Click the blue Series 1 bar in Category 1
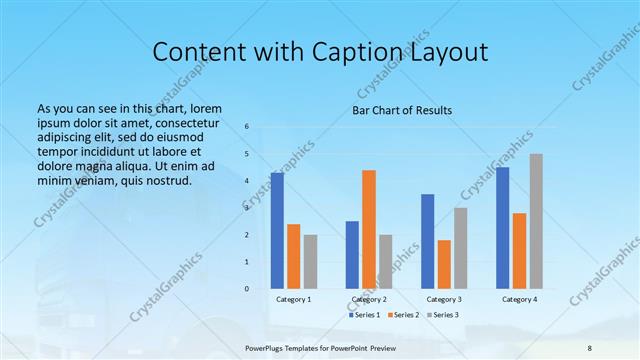[277, 231]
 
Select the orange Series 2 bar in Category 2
[369, 229]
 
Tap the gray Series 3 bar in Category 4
[536, 221]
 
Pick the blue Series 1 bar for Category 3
[428, 241]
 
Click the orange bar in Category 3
[444, 264]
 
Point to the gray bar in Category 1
[310, 262]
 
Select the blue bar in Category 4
[503, 228]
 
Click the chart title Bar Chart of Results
[402, 110]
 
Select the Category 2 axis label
[369, 300]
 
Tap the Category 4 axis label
[519, 300]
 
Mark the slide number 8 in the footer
[589, 346]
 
